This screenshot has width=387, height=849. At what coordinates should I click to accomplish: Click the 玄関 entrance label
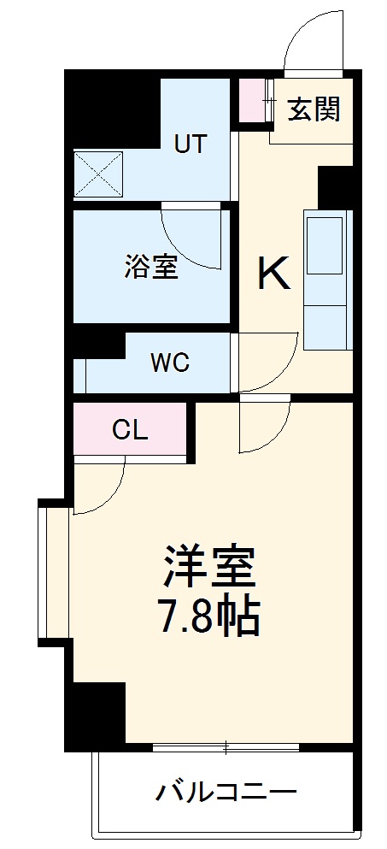click(314, 109)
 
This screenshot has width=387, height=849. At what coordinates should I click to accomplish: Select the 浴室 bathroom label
click(150, 267)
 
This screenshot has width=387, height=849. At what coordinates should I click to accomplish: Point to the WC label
click(170, 363)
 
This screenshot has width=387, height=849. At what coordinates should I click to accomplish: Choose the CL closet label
click(130, 430)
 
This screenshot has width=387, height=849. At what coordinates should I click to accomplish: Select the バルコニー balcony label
click(226, 792)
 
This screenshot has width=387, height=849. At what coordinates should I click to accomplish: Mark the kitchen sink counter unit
click(327, 280)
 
